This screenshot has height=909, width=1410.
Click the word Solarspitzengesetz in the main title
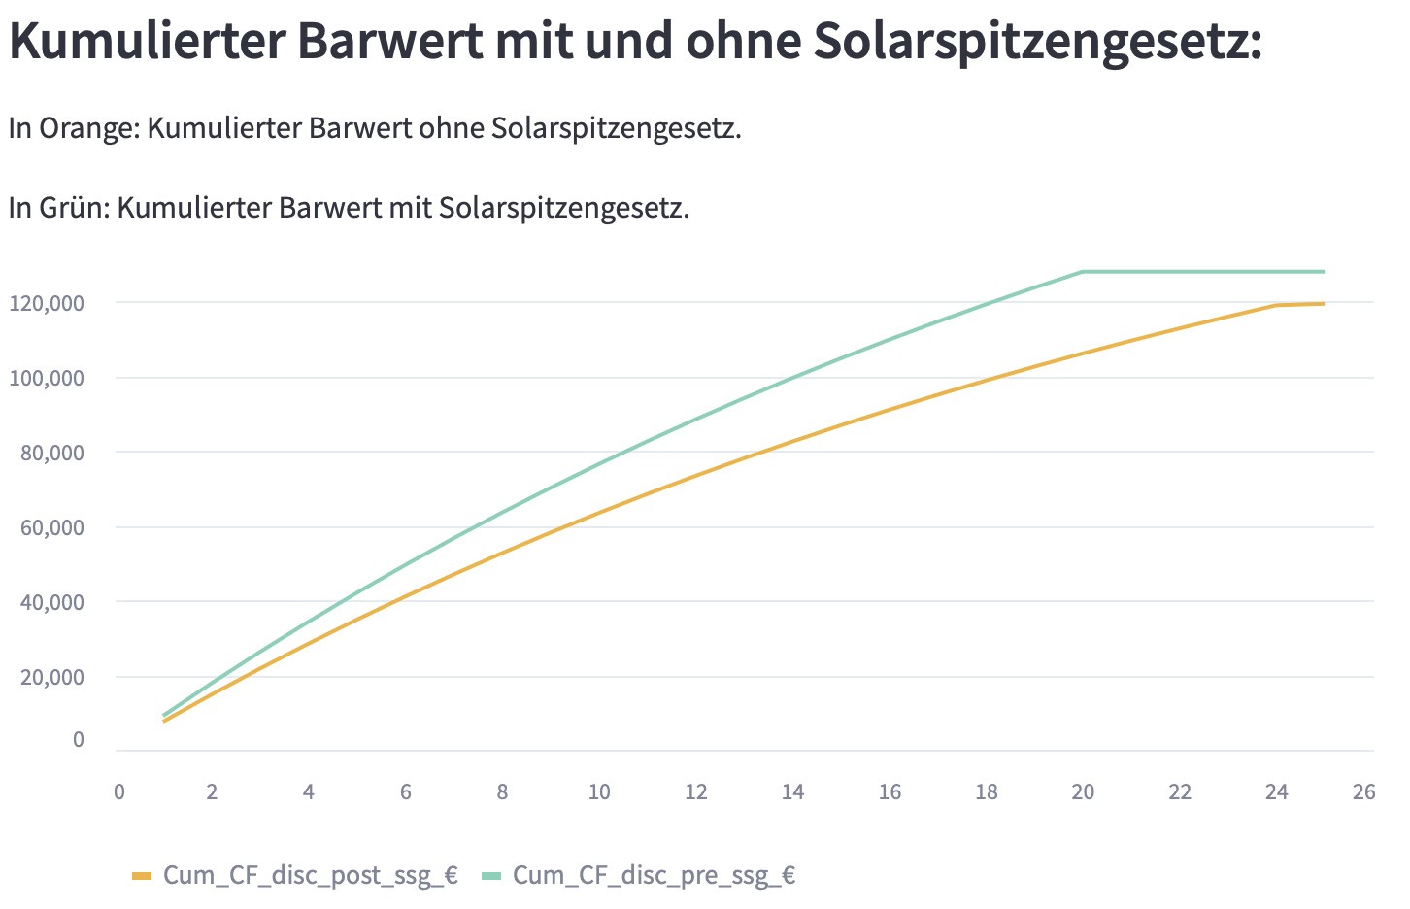pos(1035,41)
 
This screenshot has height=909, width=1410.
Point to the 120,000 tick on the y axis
pos(47,303)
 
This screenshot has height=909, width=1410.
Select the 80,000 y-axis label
pos(52,453)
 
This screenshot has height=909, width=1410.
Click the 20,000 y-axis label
pos(52,677)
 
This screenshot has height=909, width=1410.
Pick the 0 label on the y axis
pos(79,740)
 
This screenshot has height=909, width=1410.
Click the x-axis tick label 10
pos(599,792)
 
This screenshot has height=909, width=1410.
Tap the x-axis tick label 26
pos(1363,792)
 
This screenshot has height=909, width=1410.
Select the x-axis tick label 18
pos(987,792)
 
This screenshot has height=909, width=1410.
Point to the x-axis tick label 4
pos(309,792)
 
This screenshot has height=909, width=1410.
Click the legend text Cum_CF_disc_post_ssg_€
pos(310,875)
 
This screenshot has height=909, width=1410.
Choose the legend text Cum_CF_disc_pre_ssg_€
pos(654,875)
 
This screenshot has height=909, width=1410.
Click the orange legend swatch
pos(142,876)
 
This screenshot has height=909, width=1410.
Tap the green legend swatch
pos(491,876)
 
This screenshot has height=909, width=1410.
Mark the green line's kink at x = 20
pos(1083,272)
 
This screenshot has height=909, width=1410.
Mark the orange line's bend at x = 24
pos(1276,306)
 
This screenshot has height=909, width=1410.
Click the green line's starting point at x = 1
pos(164,716)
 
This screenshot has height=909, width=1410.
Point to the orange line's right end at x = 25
pos(1324,304)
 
